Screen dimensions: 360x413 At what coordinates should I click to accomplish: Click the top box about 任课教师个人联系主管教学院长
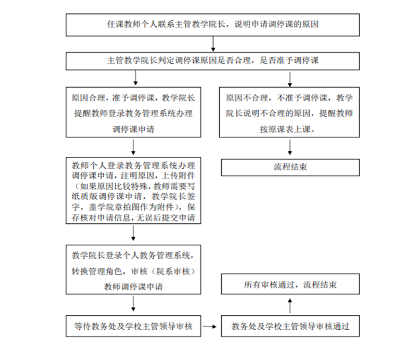[213, 25]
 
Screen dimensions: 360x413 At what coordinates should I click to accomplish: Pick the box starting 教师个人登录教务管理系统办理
[134, 191]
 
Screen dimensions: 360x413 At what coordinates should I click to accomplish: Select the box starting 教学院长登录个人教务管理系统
[134, 271]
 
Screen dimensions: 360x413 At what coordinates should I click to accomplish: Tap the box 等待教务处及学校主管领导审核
[134, 326]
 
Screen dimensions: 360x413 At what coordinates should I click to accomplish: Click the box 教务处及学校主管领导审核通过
[290, 326]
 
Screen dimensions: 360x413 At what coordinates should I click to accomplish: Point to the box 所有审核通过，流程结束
[290, 284]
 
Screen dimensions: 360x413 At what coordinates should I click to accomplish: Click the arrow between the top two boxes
[213, 44]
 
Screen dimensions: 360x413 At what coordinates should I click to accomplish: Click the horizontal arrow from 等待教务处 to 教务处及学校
[212, 327]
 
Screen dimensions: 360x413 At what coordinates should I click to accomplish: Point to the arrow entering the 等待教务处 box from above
[134, 306]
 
